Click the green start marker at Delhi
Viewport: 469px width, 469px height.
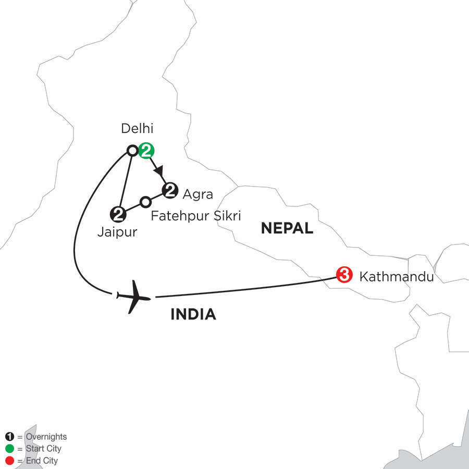(x=146, y=151)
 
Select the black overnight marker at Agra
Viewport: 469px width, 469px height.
(x=170, y=191)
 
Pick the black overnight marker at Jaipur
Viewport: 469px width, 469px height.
(x=118, y=213)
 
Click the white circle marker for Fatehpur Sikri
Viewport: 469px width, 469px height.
(x=146, y=201)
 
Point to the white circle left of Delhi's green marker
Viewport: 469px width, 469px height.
(x=133, y=151)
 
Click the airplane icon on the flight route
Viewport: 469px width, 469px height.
(x=133, y=297)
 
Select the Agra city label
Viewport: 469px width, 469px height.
(x=198, y=195)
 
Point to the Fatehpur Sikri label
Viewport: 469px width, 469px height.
(x=195, y=215)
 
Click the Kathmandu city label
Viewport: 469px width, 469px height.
(x=397, y=277)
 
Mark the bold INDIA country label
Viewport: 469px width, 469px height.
(x=193, y=314)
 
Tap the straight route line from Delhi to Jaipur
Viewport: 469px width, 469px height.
(x=126, y=180)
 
